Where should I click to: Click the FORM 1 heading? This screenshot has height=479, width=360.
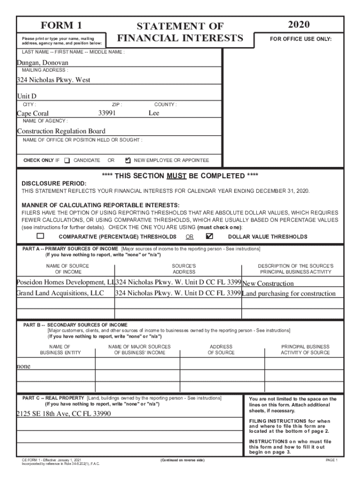pos(61,25)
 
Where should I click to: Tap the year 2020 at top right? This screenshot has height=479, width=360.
pos(299,25)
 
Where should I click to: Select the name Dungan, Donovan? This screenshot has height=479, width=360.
pos(43,63)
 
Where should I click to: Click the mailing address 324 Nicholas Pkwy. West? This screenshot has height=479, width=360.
pos(54,80)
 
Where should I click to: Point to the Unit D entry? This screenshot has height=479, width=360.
pos(27,96)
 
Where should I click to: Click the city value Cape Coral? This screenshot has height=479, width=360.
pos(33,113)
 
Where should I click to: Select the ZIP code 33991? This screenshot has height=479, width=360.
pos(107,113)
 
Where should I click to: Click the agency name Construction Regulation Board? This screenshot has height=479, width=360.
pos(61,131)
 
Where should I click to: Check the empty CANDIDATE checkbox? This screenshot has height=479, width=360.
pos(67,160)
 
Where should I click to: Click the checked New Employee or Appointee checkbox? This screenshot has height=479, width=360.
pos(128,160)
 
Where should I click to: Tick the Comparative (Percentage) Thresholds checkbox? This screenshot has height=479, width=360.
pos(41,236)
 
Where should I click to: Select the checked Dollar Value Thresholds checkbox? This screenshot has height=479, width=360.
pos(209,236)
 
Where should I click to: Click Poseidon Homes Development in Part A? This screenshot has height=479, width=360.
pos(65,283)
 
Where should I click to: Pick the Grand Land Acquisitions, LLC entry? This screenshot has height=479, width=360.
pos(60,293)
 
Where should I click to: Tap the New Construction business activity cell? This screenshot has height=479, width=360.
pos(268,283)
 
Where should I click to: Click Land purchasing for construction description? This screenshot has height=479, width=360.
pos(288,294)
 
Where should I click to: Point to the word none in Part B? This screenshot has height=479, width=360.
pos(23,366)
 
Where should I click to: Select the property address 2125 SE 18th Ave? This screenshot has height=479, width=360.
pos(64,414)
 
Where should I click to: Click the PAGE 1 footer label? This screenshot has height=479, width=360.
pos(331,460)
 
